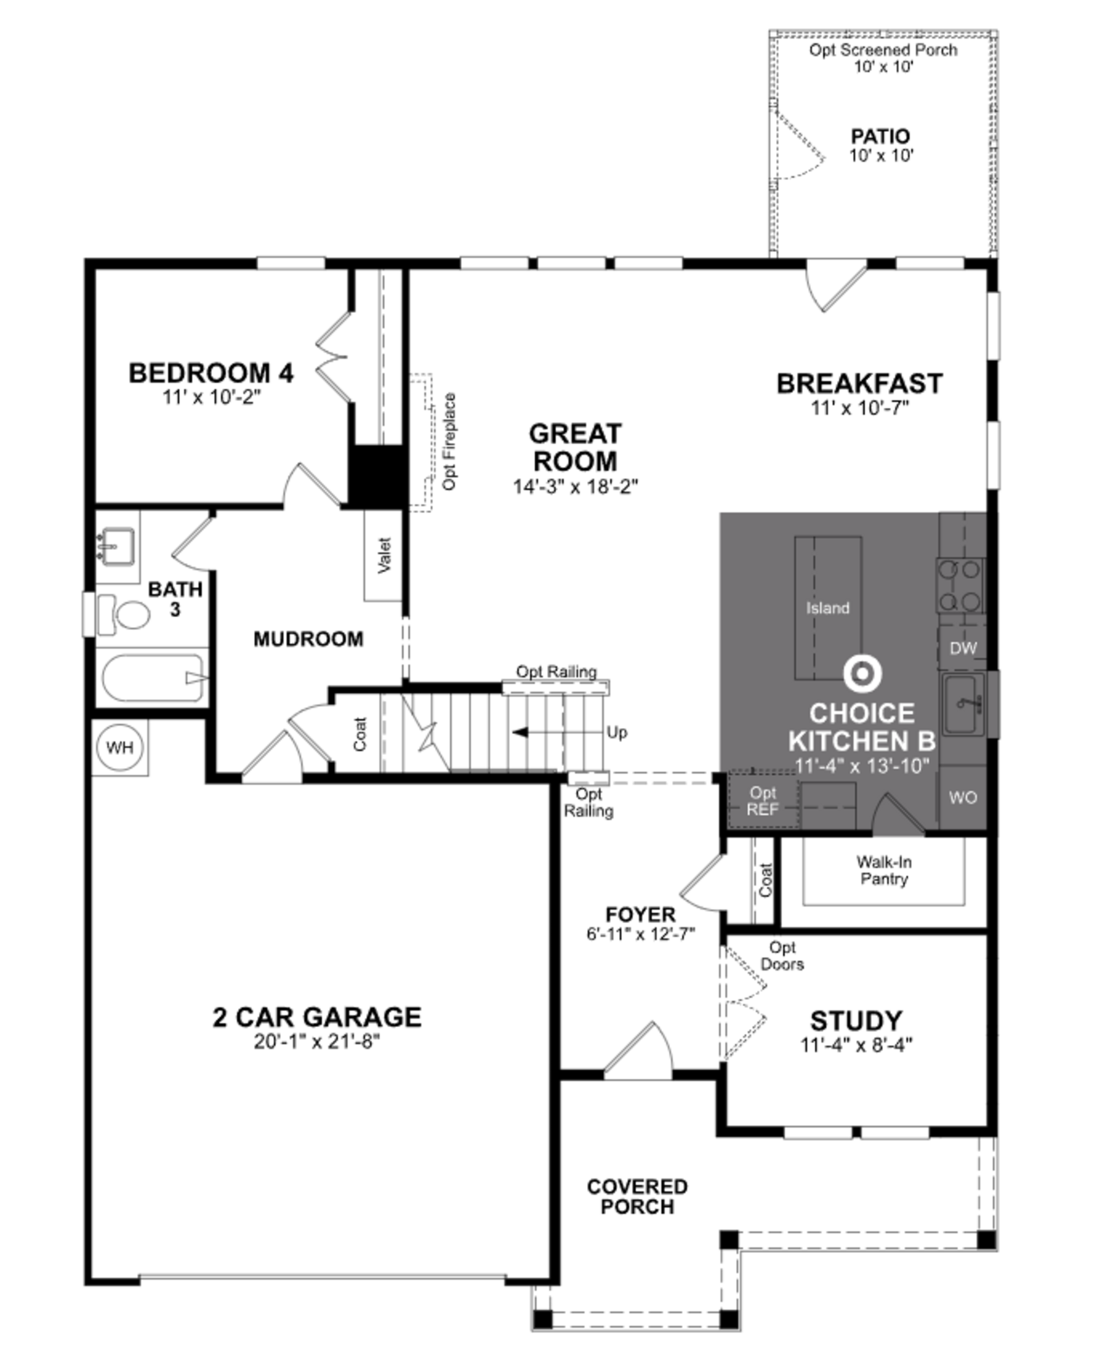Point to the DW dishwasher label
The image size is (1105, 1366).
963,648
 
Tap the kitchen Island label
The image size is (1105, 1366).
828,608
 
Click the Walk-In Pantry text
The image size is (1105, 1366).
883,870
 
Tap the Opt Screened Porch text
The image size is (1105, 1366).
883,50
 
